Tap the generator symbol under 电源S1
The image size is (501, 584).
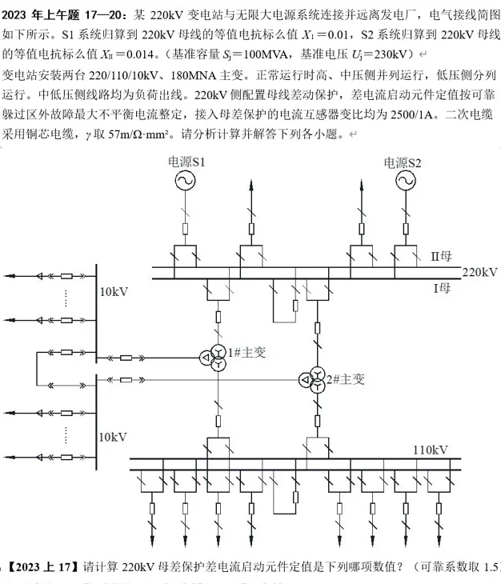186,182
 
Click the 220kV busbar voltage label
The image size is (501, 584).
479,272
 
